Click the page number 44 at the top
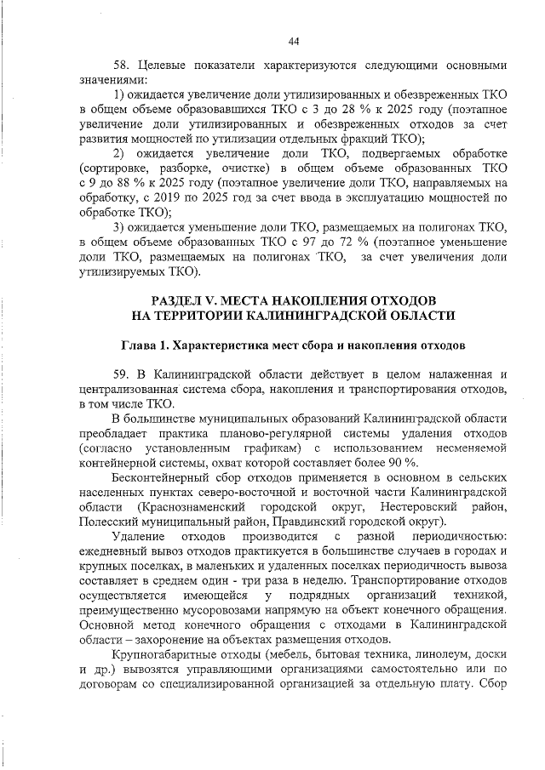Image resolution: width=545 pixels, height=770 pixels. click(294, 41)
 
